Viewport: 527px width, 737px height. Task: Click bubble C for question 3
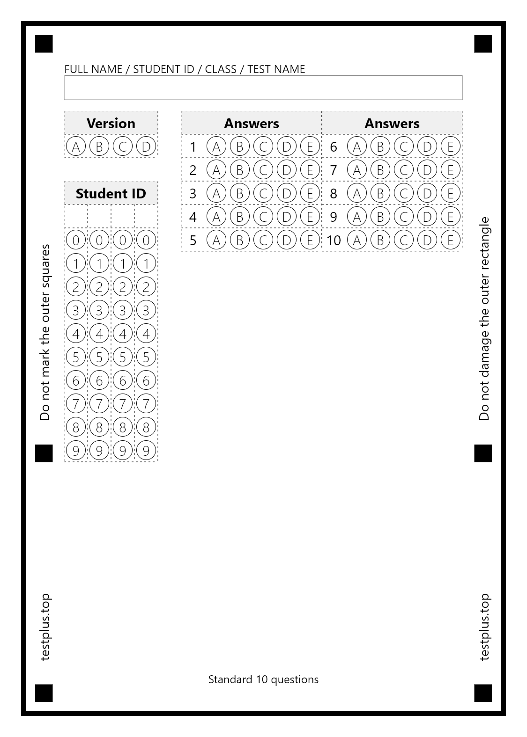[263, 193]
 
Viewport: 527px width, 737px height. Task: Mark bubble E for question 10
[451, 240]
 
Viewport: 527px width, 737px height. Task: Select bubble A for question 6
[357, 146]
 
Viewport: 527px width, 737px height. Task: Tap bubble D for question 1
[287, 146]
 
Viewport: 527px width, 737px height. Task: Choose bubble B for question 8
[380, 193]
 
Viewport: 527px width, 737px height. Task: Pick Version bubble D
[146, 146]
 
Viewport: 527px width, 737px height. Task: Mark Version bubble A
[76, 146]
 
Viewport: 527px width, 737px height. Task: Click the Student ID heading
[111, 193]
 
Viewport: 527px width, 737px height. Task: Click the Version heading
[111, 123]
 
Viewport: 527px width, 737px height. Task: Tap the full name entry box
[263, 88]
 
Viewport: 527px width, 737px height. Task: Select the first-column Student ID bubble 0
[76, 240]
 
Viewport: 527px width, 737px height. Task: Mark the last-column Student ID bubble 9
[146, 451]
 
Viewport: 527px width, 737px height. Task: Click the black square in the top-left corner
[44, 44]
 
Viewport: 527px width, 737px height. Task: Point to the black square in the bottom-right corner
[483, 693]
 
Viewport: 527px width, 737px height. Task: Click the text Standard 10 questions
[263, 679]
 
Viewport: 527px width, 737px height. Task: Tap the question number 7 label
[334, 170]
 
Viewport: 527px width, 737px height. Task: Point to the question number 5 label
[193, 240]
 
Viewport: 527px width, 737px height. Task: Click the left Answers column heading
[252, 123]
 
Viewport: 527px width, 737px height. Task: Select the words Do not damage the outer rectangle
[484, 318]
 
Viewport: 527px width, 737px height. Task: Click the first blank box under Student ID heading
[76, 216]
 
